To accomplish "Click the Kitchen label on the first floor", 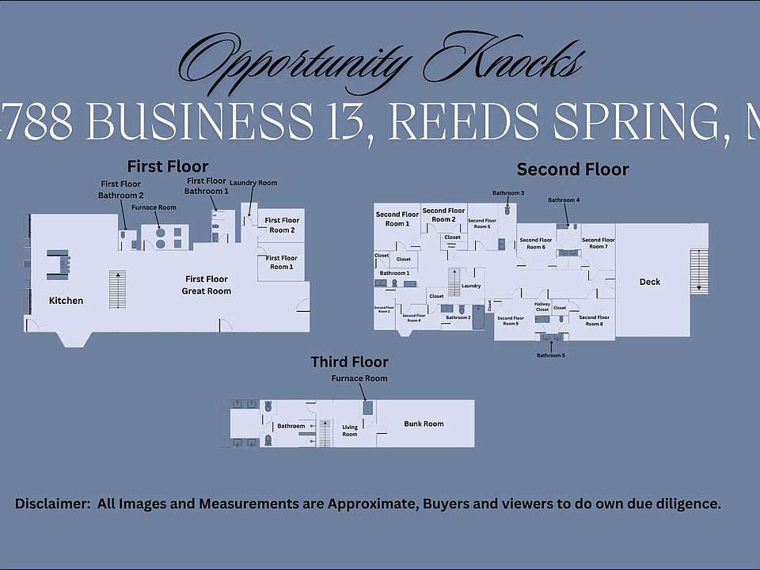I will click(x=66, y=301).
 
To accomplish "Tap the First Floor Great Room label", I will click(x=207, y=285).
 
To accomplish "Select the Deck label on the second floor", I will click(x=650, y=282).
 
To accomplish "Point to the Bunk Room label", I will click(x=424, y=424).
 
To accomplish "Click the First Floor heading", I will click(x=168, y=166).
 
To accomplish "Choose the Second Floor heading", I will click(x=572, y=169).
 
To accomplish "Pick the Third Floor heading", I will click(x=349, y=362).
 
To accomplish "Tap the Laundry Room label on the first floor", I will click(x=253, y=183).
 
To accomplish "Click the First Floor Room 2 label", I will click(x=281, y=225).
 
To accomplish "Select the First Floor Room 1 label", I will click(x=281, y=263).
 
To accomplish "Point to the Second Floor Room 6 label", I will click(x=536, y=244).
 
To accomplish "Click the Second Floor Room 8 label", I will click(x=593, y=321).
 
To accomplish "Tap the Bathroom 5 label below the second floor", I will click(x=551, y=355).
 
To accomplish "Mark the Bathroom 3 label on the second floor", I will click(x=507, y=193).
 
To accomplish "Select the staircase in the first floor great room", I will click(x=117, y=290).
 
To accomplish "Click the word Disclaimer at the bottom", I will click(x=51, y=504).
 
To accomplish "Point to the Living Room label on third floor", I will click(x=350, y=431).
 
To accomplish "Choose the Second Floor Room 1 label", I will click(x=397, y=218).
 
